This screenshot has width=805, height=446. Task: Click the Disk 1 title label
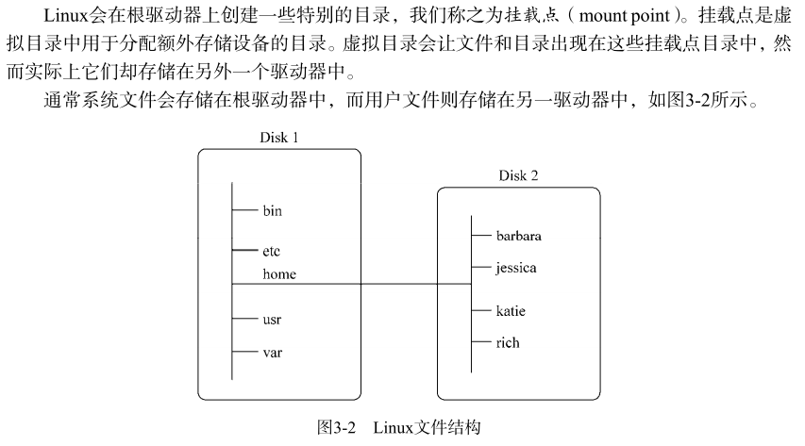278,138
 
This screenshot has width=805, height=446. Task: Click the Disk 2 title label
518,175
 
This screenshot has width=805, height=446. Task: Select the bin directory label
272,210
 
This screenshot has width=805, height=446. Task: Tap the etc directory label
271,251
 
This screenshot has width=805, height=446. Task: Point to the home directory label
279,274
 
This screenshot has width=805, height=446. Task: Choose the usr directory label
272,320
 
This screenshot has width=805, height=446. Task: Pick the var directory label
272,353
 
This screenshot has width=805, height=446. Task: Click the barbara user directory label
518,236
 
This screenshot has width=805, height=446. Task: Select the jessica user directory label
516,268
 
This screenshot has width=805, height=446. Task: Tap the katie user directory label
511,310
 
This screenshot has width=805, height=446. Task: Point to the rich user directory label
508,342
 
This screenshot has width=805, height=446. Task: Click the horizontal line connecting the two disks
352,284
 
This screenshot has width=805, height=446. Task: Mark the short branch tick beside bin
244,209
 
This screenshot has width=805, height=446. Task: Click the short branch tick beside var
244,352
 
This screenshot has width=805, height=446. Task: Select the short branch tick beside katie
481,310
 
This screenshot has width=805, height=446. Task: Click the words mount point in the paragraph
625,15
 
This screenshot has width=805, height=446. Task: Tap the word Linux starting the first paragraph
66,15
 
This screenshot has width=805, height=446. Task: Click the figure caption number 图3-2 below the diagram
336,427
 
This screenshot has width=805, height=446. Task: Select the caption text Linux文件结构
427,427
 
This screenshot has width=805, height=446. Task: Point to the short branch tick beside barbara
481,235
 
